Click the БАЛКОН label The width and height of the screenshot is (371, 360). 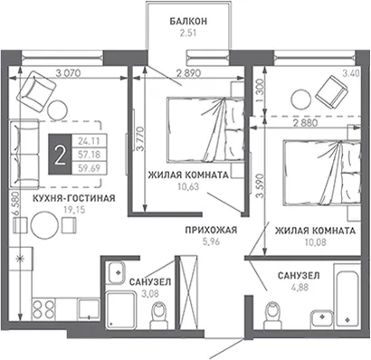(188, 22)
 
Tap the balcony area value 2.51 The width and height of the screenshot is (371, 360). (188, 33)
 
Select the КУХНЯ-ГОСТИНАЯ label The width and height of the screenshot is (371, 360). (74, 198)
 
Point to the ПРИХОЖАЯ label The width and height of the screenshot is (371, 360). (211, 231)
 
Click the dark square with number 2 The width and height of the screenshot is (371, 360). (61, 155)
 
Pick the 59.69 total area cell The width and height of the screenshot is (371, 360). (90, 168)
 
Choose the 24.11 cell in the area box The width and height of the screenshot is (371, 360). (90, 141)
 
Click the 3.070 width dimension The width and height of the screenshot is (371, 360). (69, 73)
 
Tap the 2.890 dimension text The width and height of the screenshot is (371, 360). (188, 73)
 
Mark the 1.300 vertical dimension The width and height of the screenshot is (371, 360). (260, 87)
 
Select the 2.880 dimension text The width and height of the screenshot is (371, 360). (306, 123)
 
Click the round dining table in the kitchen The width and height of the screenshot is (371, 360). (44, 226)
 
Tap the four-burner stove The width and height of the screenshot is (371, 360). (43, 309)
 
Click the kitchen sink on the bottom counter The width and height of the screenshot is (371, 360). (88, 309)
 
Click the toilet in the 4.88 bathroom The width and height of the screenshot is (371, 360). (272, 315)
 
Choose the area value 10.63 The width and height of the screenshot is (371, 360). (188, 187)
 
